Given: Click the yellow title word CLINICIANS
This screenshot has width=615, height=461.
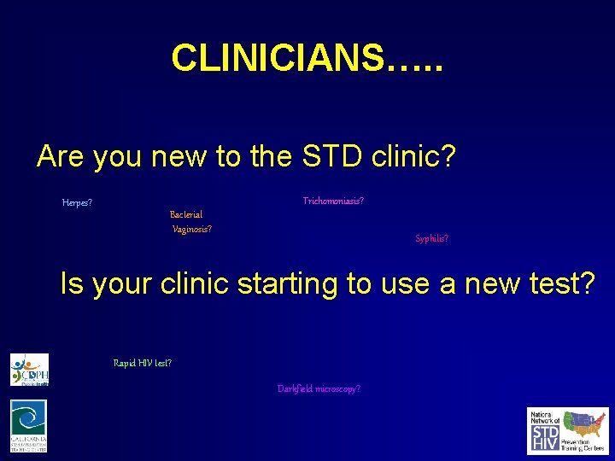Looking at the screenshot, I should pos(278,58).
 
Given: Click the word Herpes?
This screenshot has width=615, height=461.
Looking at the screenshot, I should pos(77,203).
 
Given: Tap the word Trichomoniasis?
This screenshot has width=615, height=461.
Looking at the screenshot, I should pos(333,201).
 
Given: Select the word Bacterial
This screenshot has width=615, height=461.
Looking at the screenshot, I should pos(186,214).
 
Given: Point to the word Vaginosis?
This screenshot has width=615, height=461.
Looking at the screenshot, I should pos(192,229).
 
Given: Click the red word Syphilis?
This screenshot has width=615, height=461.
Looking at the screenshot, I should pos(431,239).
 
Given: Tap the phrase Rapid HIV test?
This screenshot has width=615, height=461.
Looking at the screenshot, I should pos(143,363).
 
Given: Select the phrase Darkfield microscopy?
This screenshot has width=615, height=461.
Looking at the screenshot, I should pos(319,389).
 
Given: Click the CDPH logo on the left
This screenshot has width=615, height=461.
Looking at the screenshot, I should pos(29,370).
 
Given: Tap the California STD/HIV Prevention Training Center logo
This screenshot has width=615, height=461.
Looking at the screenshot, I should pos(29,426).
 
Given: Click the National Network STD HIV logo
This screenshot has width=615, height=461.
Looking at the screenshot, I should pos(568,431).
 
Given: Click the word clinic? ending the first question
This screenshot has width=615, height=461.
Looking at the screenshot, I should pos(414,156).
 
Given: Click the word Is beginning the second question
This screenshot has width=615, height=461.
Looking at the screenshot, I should pos(72,284).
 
